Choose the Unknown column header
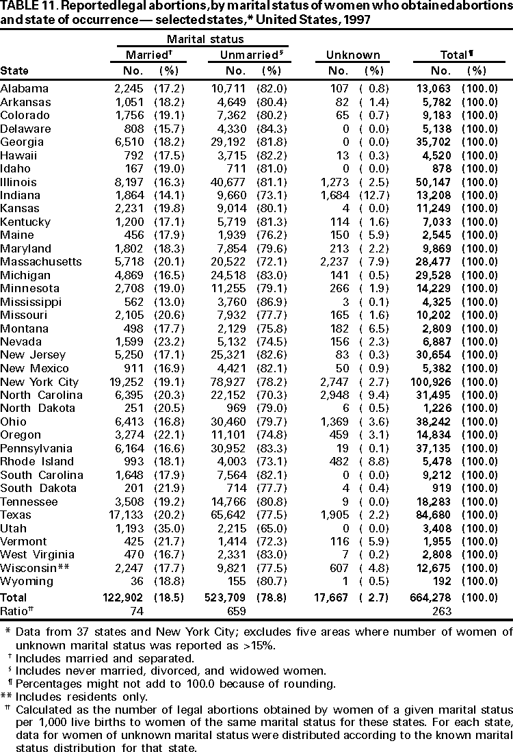(354, 55)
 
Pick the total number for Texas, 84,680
(437, 528)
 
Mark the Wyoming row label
(27, 582)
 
